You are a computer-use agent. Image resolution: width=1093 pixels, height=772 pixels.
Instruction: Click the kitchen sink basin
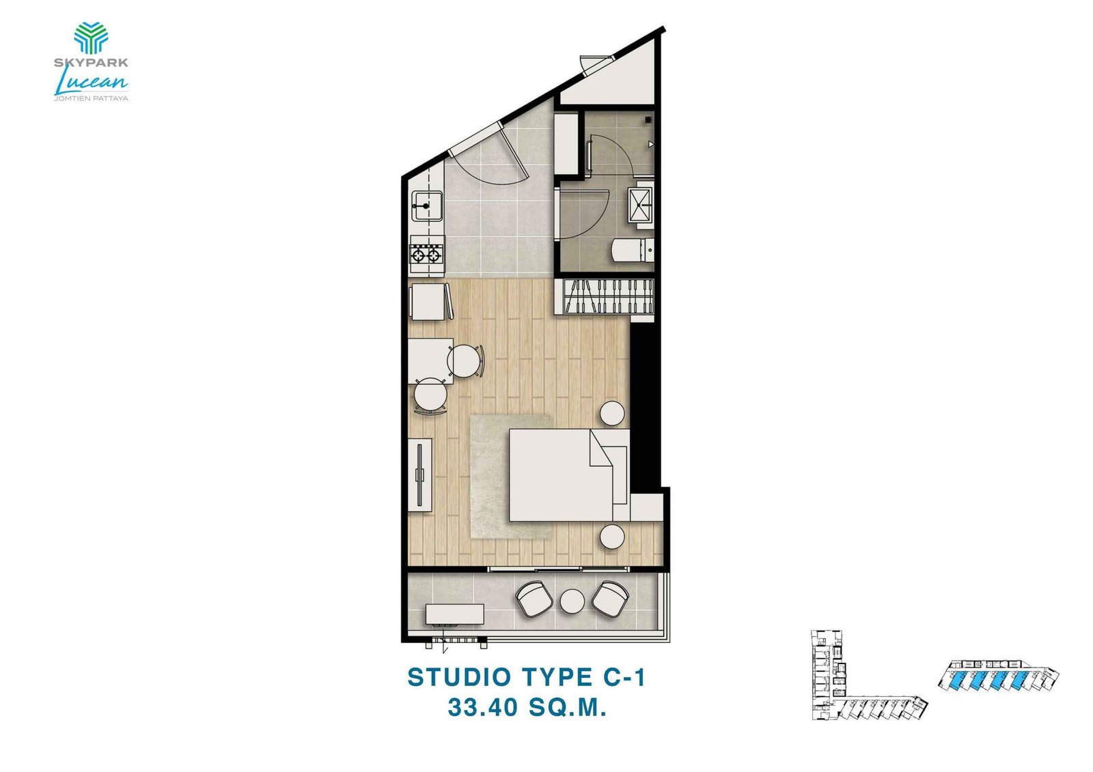[x=427, y=205]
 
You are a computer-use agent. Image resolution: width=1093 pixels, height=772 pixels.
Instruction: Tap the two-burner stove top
[x=426, y=256]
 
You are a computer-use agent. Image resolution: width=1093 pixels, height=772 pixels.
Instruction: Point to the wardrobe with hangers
[x=607, y=296]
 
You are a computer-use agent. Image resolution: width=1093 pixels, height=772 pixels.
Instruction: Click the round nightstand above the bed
[x=612, y=413]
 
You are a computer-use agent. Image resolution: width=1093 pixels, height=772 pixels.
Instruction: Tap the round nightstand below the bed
[x=612, y=537]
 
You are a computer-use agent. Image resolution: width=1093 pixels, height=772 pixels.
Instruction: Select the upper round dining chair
[x=465, y=360]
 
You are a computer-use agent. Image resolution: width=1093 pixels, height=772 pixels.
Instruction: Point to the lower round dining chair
[x=430, y=395]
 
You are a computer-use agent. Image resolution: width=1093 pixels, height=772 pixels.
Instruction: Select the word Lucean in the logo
[x=91, y=82]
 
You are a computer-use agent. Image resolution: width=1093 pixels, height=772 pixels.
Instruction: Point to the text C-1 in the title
[x=624, y=677]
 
